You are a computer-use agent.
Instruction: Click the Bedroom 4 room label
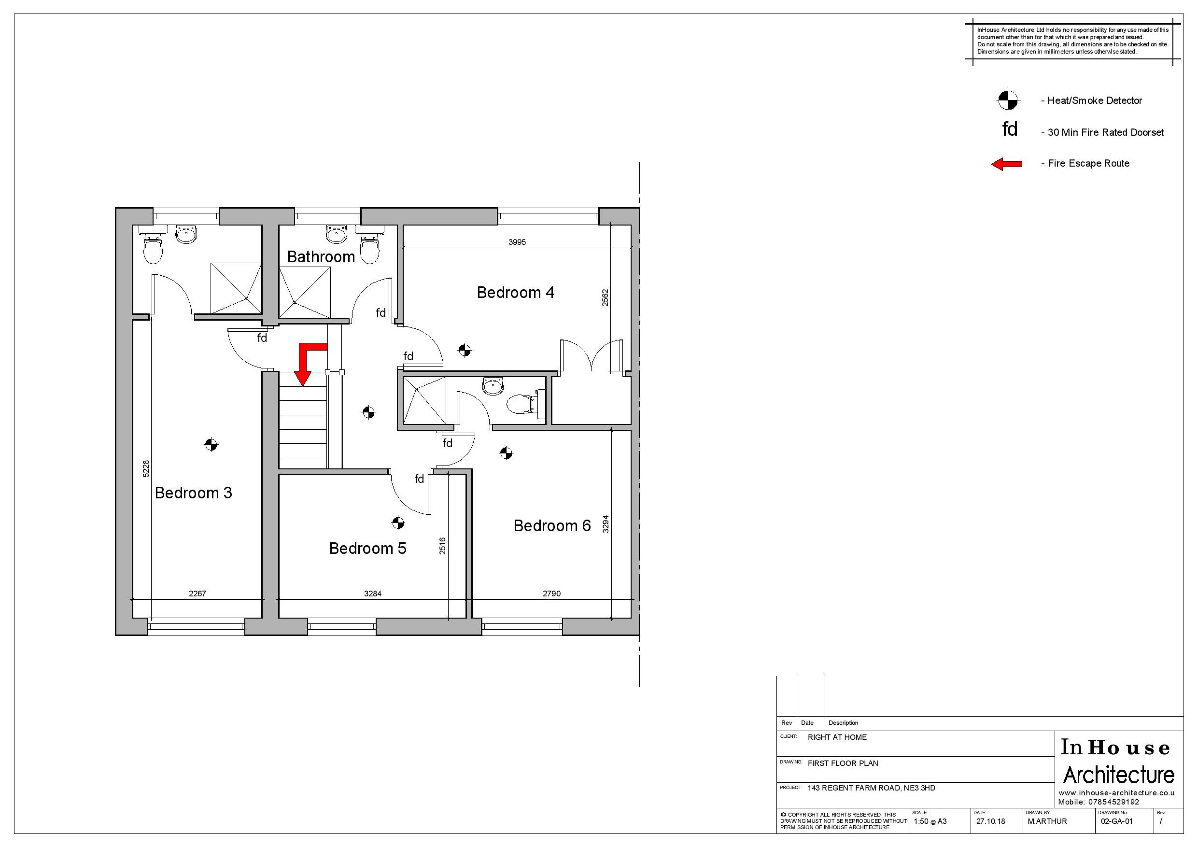pyautogui.click(x=516, y=293)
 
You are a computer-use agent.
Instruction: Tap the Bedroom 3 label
pyautogui.click(x=193, y=493)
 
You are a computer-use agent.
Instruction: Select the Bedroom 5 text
pyautogui.click(x=367, y=549)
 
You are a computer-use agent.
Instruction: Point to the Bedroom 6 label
pyautogui.click(x=552, y=525)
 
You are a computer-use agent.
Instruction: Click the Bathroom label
pyautogui.click(x=321, y=257)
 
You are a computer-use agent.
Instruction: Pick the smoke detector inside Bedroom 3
pyautogui.click(x=211, y=445)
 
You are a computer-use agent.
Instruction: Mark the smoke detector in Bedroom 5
pyautogui.click(x=397, y=522)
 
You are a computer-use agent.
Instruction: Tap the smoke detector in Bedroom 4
pyautogui.click(x=465, y=350)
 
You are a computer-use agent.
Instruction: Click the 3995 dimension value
pyautogui.click(x=517, y=242)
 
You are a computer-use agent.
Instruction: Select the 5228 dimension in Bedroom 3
pyautogui.click(x=146, y=468)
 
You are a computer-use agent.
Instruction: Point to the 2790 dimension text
pyautogui.click(x=551, y=593)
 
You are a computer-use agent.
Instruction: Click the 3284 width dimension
pyautogui.click(x=373, y=593)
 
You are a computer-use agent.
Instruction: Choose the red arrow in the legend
pyautogui.click(x=1006, y=164)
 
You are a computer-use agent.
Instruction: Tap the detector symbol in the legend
pyautogui.click(x=1008, y=99)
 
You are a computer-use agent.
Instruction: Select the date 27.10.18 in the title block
pyautogui.click(x=990, y=821)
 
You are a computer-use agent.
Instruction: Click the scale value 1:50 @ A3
pyautogui.click(x=930, y=821)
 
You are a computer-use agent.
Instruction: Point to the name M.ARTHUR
pyautogui.click(x=1047, y=821)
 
